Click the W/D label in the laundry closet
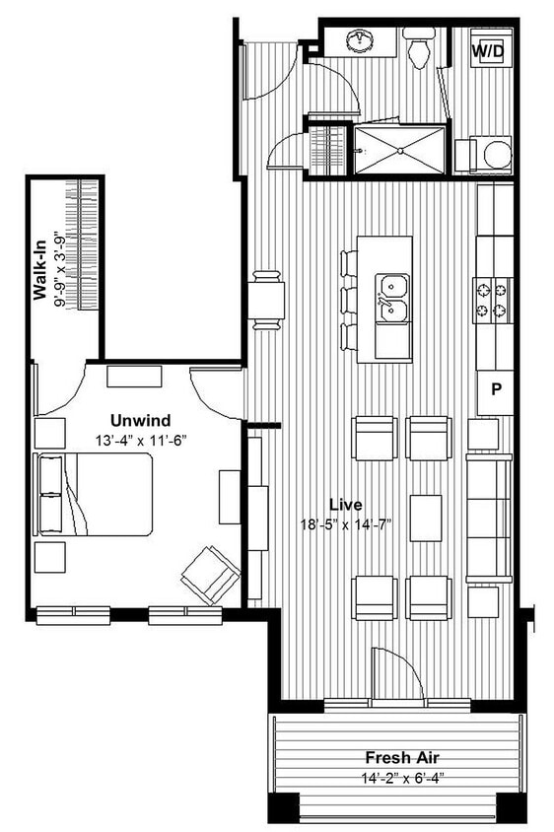[488, 49]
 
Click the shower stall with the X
[399, 150]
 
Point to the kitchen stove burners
[492, 300]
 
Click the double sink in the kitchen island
[393, 298]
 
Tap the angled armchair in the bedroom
[209, 574]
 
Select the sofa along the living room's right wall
[489, 518]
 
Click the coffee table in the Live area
[426, 518]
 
